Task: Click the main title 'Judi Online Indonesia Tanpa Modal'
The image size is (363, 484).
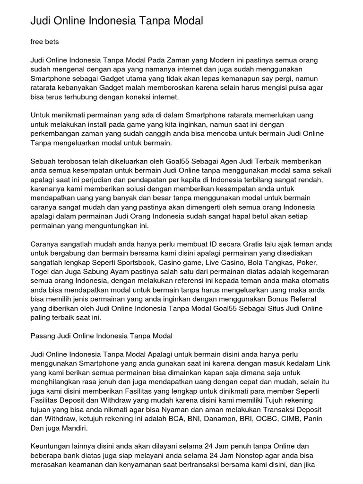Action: (x=117, y=21)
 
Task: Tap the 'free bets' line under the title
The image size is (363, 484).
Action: (x=44, y=42)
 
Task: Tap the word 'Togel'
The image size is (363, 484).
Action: (x=40, y=271)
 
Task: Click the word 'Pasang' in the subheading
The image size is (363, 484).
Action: (x=42, y=336)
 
